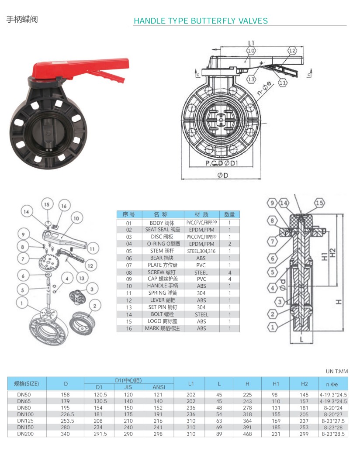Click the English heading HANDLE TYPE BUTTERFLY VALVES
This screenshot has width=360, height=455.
click(201, 21)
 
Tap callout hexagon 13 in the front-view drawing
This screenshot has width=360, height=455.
click(251, 79)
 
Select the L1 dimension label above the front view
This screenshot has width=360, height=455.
click(251, 43)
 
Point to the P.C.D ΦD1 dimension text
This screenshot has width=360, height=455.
click(222, 163)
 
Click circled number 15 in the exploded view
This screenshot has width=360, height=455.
click(47, 204)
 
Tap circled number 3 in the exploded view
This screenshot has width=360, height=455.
click(92, 289)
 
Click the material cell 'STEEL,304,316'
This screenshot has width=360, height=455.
click(201, 251)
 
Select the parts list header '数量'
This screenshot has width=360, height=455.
click(229, 214)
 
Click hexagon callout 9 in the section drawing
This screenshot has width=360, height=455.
click(272, 203)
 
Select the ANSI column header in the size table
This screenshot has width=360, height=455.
click(158, 387)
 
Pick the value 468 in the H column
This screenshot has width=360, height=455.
click(247, 434)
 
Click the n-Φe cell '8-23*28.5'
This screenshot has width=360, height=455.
click(333, 434)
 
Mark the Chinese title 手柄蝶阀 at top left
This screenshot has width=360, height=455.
click(22, 20)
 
